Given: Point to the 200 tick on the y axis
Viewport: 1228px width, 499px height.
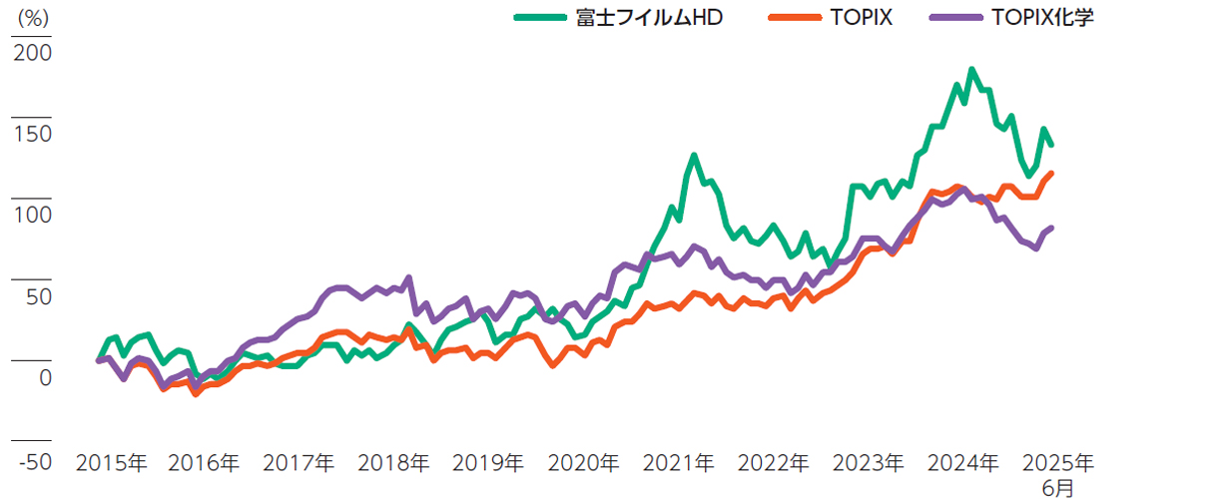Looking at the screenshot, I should click(x=33, y=52).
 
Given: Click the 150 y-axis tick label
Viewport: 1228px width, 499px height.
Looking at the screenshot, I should click(x=33, y=134).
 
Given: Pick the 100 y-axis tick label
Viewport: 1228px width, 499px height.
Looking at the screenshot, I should click(x=33, y=215).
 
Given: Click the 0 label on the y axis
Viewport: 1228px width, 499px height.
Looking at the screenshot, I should click(x=44, y=378).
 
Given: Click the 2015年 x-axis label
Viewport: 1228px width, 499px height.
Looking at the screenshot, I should click(x=111, y=462).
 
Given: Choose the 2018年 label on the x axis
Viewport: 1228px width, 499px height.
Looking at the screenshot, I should click(x=393, y=462).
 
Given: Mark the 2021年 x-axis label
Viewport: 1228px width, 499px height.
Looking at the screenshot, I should click(x=678, y=462).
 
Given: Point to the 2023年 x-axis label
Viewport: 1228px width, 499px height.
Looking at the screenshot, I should click(x=868, y=462).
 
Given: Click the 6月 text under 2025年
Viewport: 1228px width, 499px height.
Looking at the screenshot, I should click(x=1059, y=487).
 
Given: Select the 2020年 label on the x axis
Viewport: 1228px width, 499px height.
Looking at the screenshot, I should click(x=583, y=462).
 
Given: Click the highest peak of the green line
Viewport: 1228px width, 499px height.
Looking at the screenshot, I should click(x=971, y=70).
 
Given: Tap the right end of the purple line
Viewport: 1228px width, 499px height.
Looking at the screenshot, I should click(x=1050, y=228).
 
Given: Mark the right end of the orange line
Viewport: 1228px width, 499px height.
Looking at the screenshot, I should click(x=1050, y=174).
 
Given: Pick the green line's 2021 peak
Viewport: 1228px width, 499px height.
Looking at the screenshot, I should click(x=694, y=156).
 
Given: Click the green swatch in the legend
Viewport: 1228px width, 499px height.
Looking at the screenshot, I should click(x=540, y=18).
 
